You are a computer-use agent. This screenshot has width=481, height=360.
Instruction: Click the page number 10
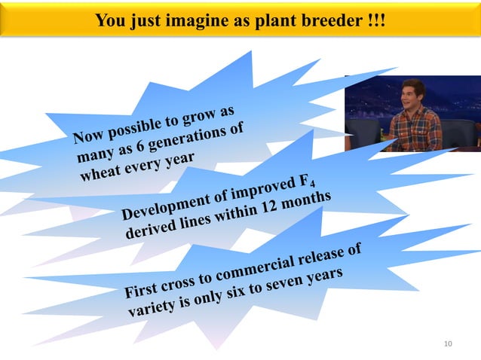click(x=448, y=344)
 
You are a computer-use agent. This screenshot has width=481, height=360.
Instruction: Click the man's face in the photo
click(x=411, y=94)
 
